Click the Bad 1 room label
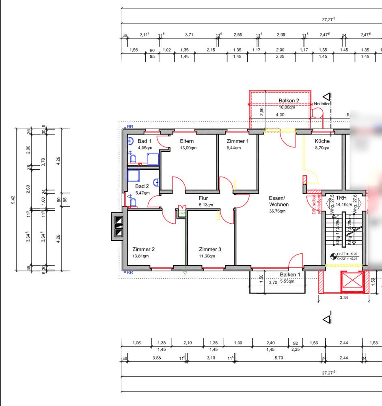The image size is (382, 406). pyautogui.click(x=144, y=141)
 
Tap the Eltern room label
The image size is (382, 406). pyautogui.click(x=187, y=141)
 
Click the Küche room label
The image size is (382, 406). pyautogui.click(x=322, y=141)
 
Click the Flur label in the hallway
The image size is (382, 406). pyautogui.click(x=203, y=198)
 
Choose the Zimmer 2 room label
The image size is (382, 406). pyautogui.click(x=143, y=249)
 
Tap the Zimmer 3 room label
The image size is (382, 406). pyautogui.click(x=210, y=249)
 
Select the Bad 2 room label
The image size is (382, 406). pyautogui.click(x=142, y=186)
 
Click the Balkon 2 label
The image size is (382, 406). pyautogui.click(x=289, y=101)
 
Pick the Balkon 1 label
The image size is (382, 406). pyautogui.click(x=290, y=275)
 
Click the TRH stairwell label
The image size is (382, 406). pyautogui.click(x=341, y=198)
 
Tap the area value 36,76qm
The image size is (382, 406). pyautogui.click(x=277, y=211)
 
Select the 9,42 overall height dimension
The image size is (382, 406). pyautogui.click(x=13, y=199)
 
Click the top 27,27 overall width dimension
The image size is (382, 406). pyautogui.click(x=328, y=19)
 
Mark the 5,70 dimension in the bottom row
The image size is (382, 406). pyautogui.click(x=279, y=358)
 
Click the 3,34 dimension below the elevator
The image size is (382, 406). pyautogui.click(x=343, y=297)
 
